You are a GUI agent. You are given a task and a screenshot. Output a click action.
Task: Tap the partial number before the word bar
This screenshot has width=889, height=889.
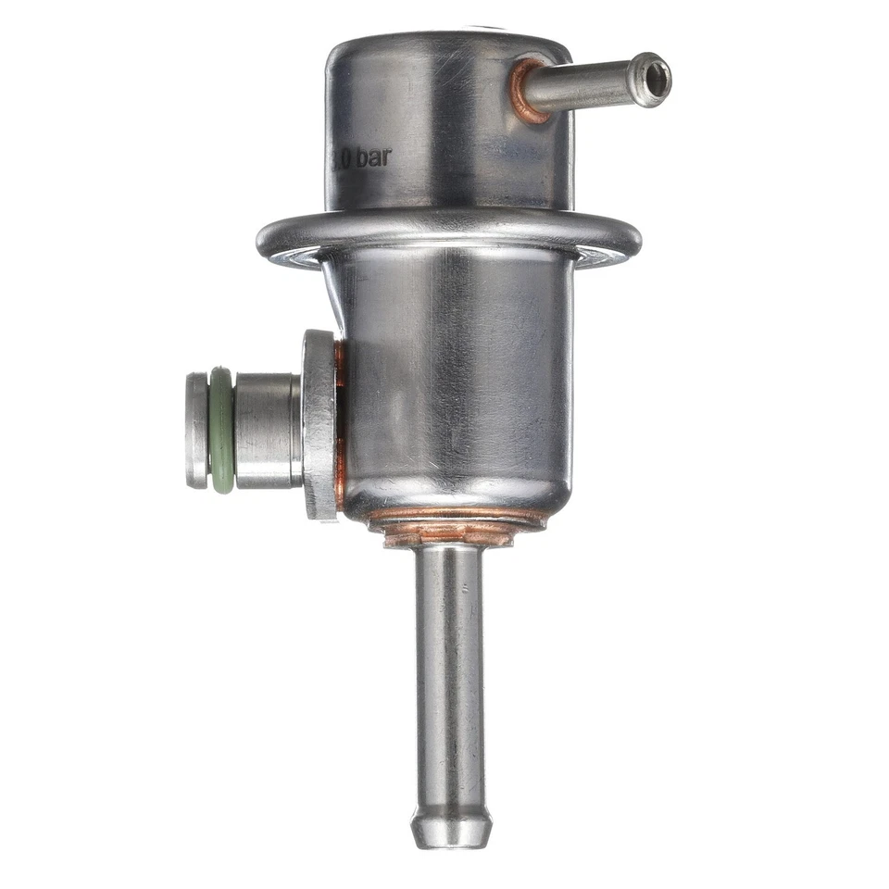341,159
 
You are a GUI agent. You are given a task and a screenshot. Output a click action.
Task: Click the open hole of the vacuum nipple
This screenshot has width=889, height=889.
656,78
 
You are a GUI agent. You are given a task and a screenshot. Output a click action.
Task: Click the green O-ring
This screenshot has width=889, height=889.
221,430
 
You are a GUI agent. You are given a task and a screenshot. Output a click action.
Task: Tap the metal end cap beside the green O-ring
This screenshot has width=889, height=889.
197,430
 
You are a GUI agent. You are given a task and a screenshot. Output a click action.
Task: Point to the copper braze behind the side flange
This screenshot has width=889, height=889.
340,426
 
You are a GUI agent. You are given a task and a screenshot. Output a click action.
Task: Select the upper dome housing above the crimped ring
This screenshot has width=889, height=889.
444,120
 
